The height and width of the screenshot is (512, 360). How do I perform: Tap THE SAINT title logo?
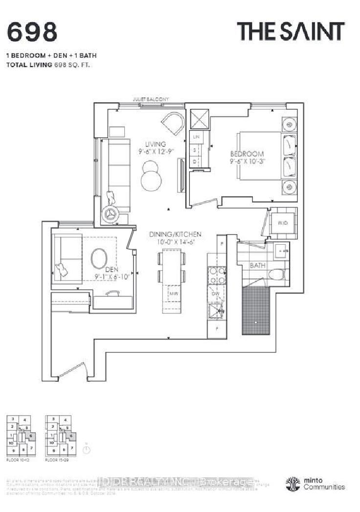coord(291,32)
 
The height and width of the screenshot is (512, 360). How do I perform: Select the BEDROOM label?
coord(247,153)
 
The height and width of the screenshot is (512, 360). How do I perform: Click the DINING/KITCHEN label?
coord(176,234)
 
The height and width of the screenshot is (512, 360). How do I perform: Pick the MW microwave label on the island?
coord(173,293)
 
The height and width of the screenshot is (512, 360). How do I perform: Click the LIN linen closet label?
coord(197,138)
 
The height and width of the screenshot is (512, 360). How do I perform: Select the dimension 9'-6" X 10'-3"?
coord(248,160)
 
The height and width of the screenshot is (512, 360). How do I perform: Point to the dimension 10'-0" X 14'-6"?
coord(176,242)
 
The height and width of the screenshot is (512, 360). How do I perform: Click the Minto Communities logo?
coord(315,484)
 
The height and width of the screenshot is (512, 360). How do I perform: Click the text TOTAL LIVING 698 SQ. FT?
coord(49,64)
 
